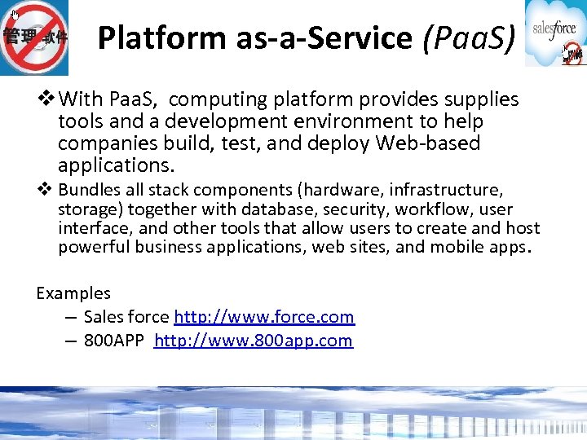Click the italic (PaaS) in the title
468,37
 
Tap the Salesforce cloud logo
554,33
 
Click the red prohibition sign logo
34,37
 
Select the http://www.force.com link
264,317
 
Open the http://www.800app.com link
253,341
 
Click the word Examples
73,293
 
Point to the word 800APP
115,341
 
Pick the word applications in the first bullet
116,165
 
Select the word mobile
461,246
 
